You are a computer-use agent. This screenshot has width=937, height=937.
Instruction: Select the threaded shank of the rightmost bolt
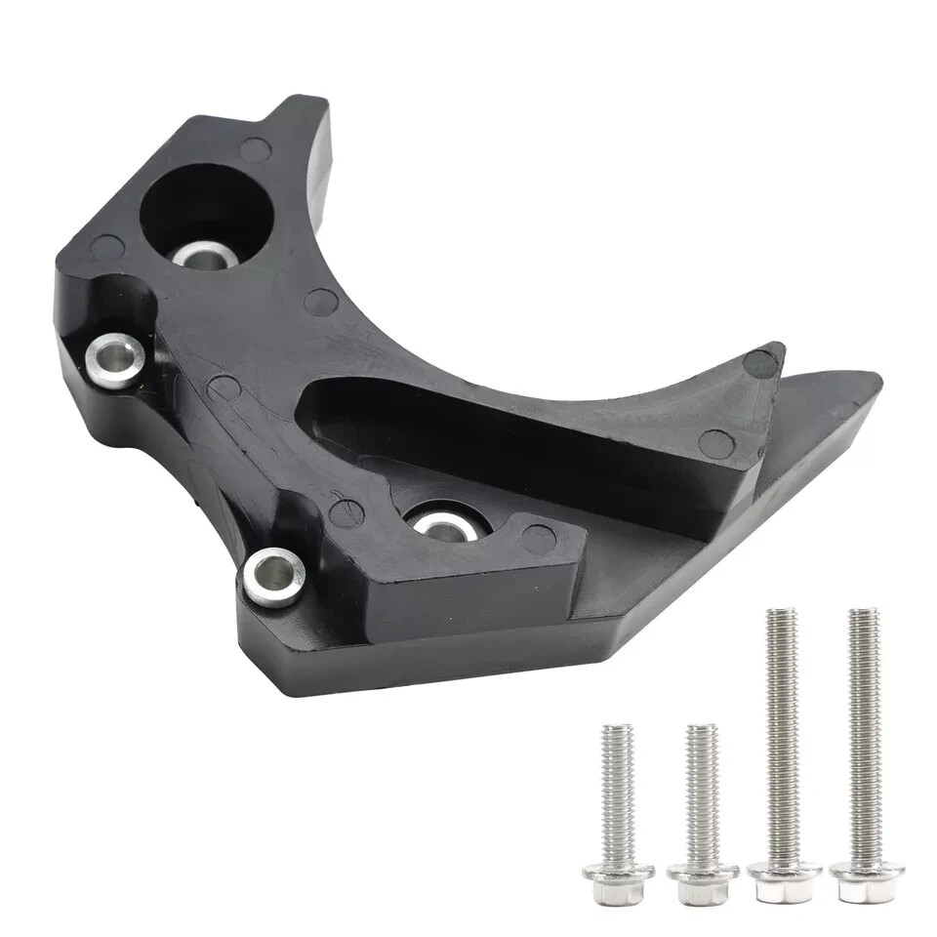click(864, 732)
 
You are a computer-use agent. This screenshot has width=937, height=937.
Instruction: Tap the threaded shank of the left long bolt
click(782, 732)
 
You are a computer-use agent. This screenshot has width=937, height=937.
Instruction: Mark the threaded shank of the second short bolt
click(702, 791)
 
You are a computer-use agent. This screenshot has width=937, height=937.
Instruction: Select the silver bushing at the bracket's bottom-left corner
click(273, 576)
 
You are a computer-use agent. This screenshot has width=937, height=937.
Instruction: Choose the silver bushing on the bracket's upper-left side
click(115, 359)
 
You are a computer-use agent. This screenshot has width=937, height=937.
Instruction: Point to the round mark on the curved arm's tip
click(760, 363)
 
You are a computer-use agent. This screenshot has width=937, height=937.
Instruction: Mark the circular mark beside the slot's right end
click(716, 444)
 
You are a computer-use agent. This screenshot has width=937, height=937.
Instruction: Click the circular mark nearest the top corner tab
click(255, 149)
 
